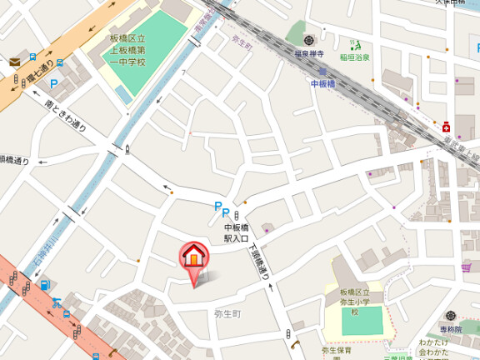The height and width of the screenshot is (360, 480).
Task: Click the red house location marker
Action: point(193,257)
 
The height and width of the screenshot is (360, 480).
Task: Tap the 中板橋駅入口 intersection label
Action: point(237,232)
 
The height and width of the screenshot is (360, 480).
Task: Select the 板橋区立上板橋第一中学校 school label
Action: point(128,49)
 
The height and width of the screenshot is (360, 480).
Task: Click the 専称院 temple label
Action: point(451,329)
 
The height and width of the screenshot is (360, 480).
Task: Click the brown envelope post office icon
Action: point(14,62)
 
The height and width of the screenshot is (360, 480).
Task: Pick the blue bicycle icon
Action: point(56,302)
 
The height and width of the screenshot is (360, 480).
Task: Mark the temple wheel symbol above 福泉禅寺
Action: point(309,40)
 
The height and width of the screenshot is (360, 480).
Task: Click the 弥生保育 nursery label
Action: point(337,351)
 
